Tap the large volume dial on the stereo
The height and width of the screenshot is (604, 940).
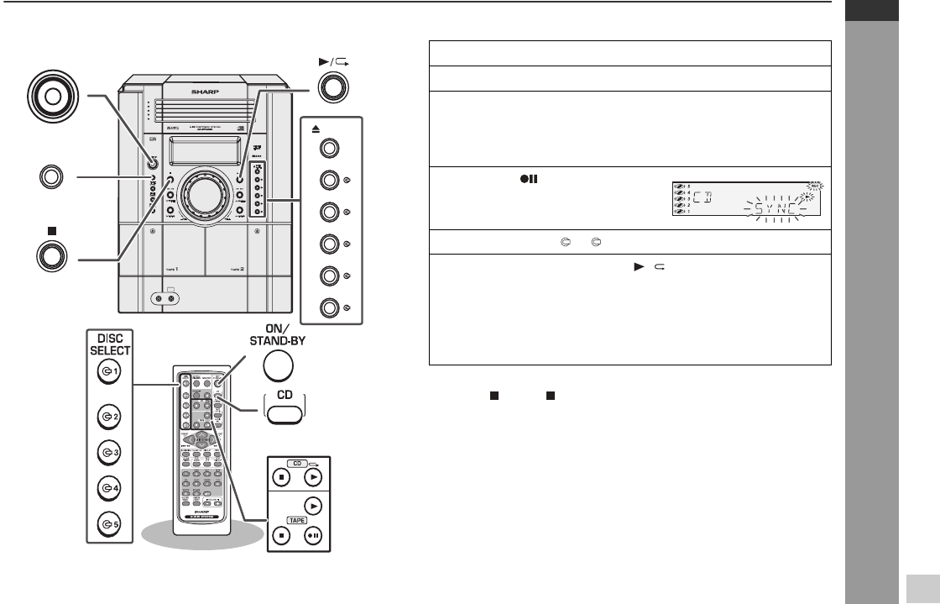coord(201,192)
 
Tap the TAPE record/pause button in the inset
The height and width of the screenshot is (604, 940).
coord(312,535)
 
